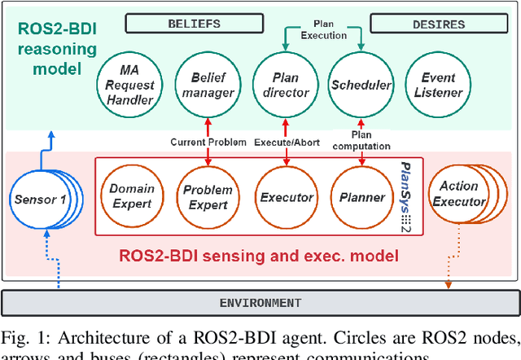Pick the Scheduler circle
coord(360,85)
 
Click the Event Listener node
coord(438,85)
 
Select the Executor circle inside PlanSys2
coord(286,196)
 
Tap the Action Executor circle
coord(458,193)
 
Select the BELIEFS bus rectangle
coord(194,24)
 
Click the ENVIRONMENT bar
coord(260,303)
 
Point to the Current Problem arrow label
coord(208,142)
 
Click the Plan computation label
coord(359,139)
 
